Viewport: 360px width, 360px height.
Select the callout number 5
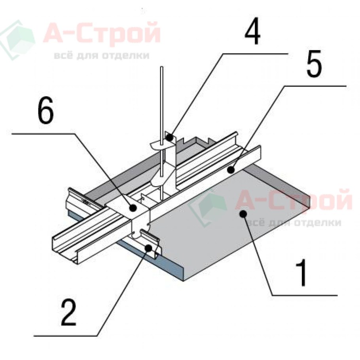pos(315,63)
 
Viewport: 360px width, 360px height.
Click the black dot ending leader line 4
pos(169,138)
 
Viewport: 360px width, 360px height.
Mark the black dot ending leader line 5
pos(231,170)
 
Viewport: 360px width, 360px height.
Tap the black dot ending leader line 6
pos(133,208)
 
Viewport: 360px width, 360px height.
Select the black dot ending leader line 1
pos(243,214)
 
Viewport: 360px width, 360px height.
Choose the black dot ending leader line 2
pos(148,248)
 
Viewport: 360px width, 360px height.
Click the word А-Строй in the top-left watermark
pos(102,34)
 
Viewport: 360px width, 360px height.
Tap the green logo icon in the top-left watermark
pos(18,40)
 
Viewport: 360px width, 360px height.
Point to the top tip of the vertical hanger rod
pos(162,67)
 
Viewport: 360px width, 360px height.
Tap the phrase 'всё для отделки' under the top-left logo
pos(102,55)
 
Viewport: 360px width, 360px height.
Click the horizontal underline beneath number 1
pos(305,295)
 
